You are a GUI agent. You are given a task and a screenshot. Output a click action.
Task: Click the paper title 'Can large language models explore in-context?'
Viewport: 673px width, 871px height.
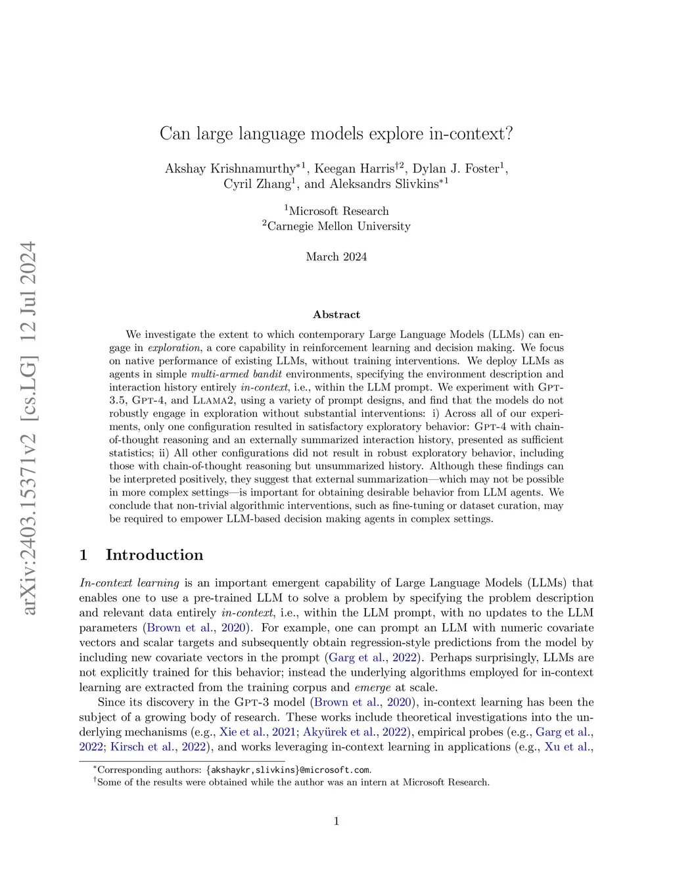tap(336, 134)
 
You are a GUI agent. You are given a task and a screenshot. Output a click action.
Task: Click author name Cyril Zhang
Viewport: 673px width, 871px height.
tap(257, 184)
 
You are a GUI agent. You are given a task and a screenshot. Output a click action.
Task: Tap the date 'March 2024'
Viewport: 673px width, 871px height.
tap(336, 256)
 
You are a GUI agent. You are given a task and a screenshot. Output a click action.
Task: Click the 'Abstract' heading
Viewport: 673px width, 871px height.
tap(336, 314)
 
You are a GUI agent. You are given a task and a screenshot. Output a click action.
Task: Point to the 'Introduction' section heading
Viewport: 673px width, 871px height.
tap(154, 555)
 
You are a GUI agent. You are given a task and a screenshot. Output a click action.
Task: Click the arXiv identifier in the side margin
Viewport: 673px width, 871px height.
tap(28, 427)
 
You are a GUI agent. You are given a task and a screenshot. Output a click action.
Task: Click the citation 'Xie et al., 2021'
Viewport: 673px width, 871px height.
tap(257, 732)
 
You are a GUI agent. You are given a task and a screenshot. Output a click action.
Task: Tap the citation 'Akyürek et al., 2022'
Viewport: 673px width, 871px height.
tap(354, 732)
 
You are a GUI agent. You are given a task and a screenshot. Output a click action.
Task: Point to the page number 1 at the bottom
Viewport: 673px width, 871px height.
tap(336, 821)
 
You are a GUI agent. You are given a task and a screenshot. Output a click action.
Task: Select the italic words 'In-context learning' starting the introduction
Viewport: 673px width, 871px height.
tap(129, 583)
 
